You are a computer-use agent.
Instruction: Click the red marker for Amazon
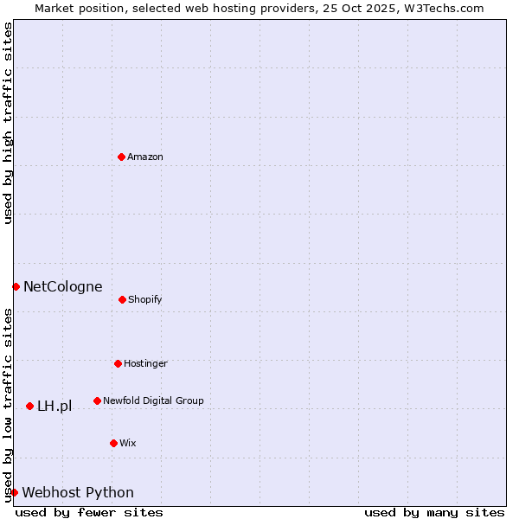tap(121, 157)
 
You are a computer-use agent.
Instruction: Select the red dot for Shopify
tap(122, 299)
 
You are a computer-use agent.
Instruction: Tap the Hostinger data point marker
tap(118, 363)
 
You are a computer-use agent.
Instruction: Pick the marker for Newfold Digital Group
tap(97, 400)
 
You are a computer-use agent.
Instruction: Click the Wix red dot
tap(113, 443)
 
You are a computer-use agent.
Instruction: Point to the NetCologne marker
tap(16, 286)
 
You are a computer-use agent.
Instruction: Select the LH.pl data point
tap(29, 406)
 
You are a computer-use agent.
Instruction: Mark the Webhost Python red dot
tap(14, 492)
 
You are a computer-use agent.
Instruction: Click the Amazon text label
tap(145, 157)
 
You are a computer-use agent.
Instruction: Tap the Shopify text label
tap(145, 299)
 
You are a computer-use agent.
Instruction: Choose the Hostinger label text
tap(145, 363)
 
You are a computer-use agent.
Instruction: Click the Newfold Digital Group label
tap(153, 400)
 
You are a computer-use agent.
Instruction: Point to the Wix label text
tap(128, 443)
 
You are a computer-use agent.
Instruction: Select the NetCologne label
tap(62, 286)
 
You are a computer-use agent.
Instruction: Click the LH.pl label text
tap(54, 406)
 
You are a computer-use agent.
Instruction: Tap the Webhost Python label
tap(78, 492)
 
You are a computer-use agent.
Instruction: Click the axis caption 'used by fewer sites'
tap(89, 512)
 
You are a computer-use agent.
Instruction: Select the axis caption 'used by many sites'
tap(434, 512)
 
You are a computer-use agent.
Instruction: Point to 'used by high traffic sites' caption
tap(8, 123)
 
